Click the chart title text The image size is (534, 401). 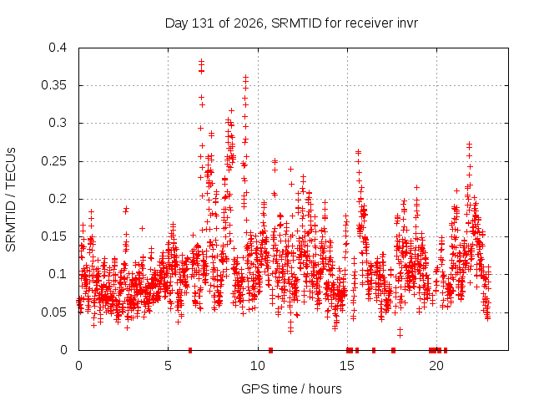click(x=291, y=23)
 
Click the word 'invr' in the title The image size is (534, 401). click(x=407, y=23)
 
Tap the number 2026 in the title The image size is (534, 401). click(x=249, y=23)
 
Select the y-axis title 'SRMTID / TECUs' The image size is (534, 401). click(x=11, y=200)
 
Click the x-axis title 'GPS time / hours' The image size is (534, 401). click(x=291, y=388)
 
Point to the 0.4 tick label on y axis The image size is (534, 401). click(x=58, y=48)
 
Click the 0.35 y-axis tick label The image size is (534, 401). click(x=53, y=85)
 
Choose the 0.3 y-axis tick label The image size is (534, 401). click(x=58, y=123)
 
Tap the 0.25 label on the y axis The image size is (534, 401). click(x=53, y=161)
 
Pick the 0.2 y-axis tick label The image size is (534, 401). click(x=58, y=199)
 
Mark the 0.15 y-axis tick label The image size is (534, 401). click(x=53, y=236)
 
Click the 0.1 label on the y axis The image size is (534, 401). click(x=58, y=275)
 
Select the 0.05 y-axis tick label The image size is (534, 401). click(x=53, y=312)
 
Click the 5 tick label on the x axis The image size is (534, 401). click(x=168, y=366)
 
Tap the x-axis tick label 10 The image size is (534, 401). click(x=258, y=366)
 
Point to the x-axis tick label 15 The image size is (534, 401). click(x=347, y=366)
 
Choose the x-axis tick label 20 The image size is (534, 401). click(x=436, y=366)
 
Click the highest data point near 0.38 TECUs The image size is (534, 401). click(x=201, y=61)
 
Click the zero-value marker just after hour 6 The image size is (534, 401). click(x=190, y=350)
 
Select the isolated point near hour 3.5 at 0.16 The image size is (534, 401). click(x=143, y=228)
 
